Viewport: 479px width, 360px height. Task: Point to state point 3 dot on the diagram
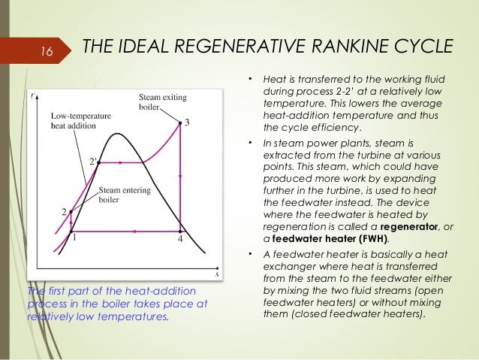tap(179, 123)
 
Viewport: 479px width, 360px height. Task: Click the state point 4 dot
tap(180, 231)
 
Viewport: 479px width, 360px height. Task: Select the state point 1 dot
tap(71, 231)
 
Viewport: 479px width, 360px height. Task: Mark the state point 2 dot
tap(71, 212)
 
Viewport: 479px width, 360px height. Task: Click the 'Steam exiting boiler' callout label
tap(164, 102)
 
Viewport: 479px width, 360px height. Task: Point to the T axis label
tap(32, 96)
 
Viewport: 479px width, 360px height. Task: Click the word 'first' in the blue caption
tap(56, 292)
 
